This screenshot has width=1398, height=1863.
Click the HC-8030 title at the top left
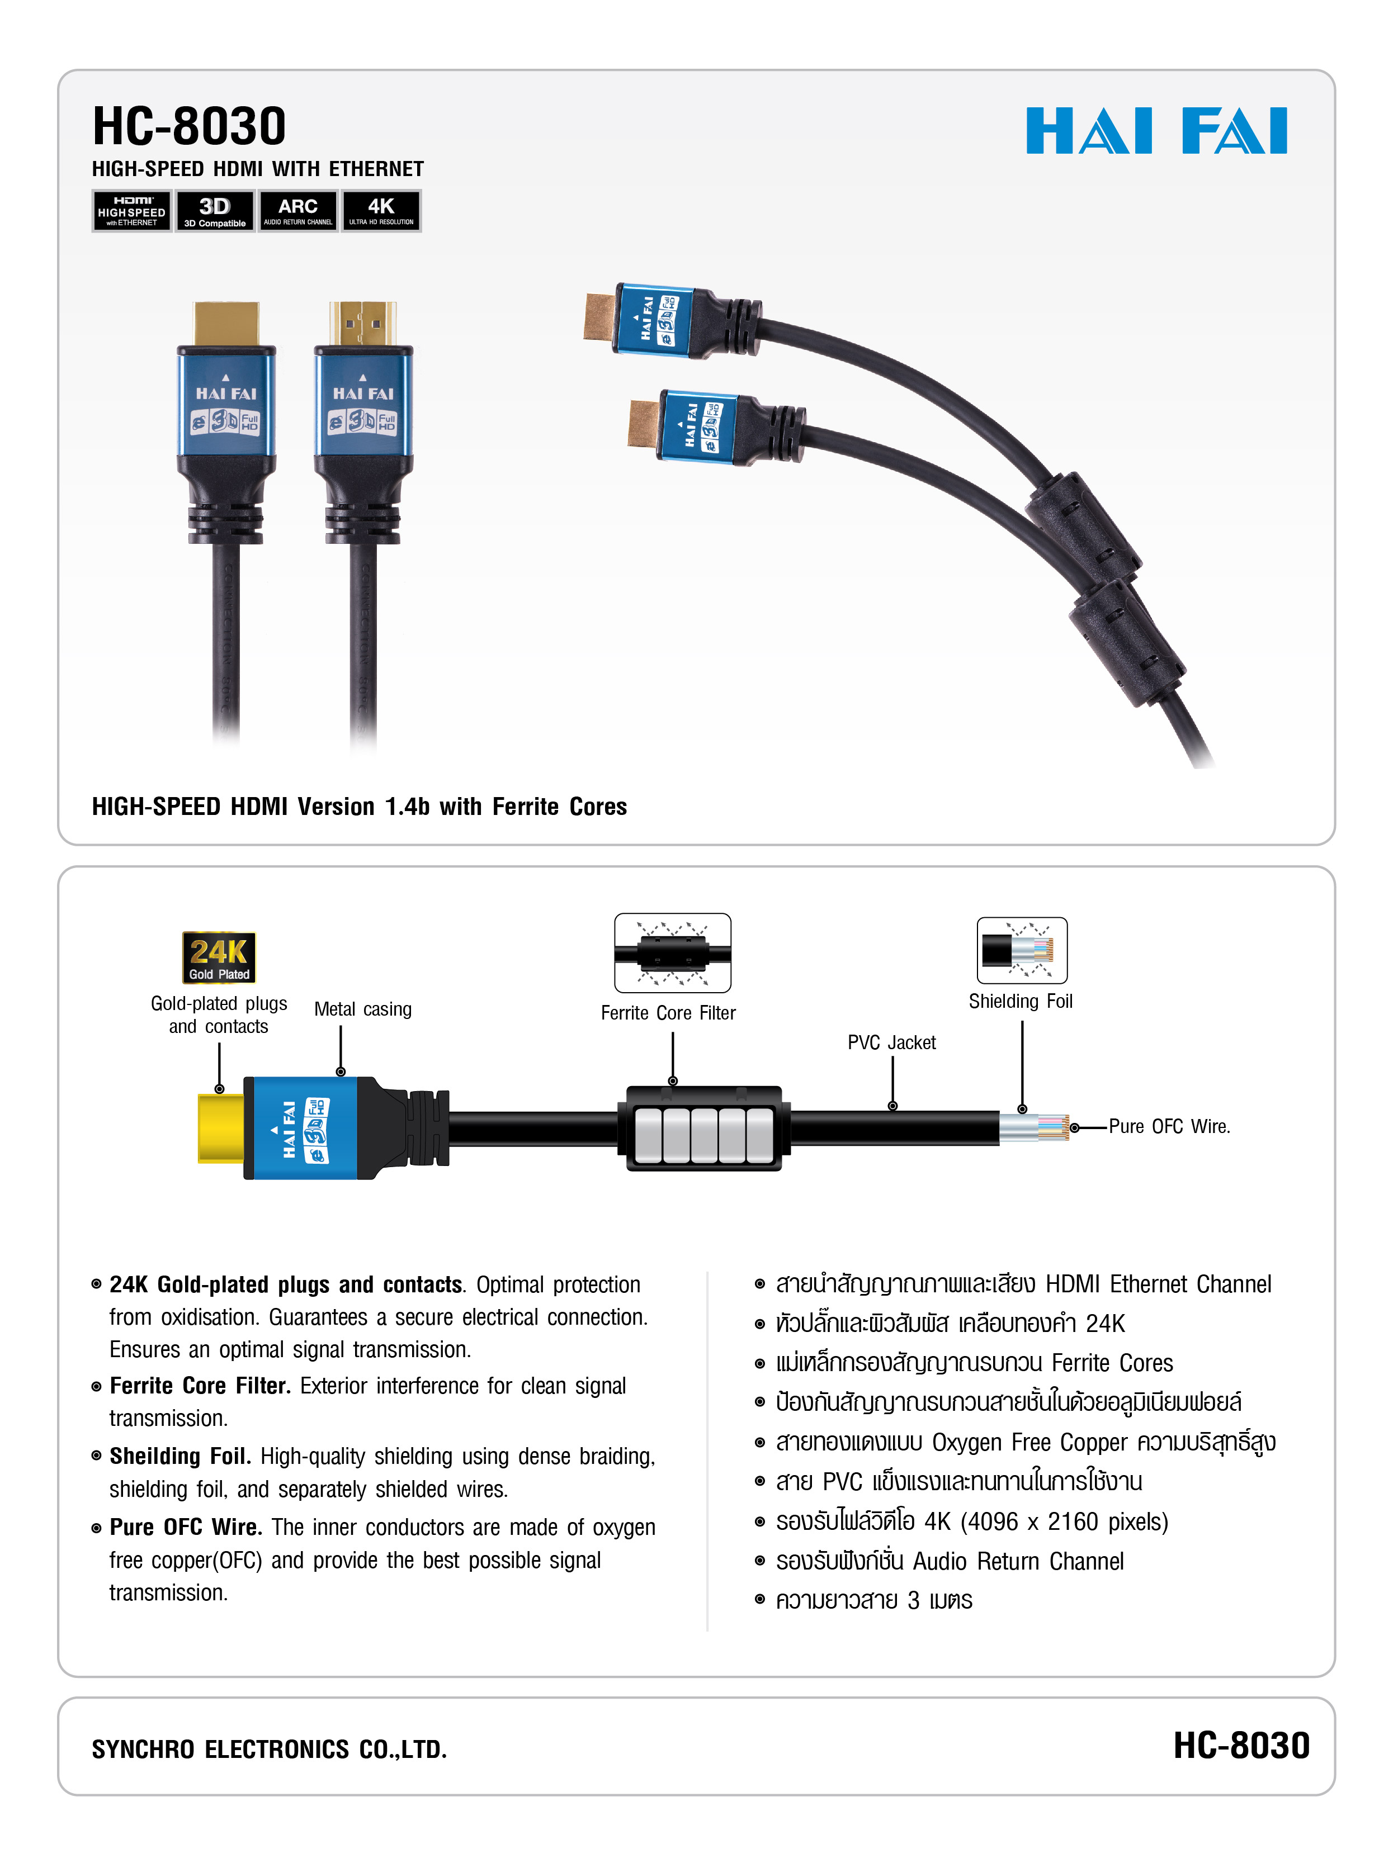click(189, 126)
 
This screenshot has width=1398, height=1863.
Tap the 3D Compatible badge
click(214, 211)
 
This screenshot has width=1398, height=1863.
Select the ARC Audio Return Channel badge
click(297, 211)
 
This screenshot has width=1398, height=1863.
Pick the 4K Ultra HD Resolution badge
click(381, 211)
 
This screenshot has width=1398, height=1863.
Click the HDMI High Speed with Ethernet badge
click(131, 211)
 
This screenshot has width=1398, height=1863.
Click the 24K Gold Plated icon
click(218, 957)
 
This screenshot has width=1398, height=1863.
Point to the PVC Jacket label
click(891, 1042)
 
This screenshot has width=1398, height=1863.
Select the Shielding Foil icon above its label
click(1021, 950)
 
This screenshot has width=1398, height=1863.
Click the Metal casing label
click(362, 1009)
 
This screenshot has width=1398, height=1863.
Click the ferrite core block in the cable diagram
click(703, 1129)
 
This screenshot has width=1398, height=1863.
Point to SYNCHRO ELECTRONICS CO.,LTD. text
click(269, 1750)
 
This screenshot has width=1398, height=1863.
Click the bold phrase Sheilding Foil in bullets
click(180, 1456)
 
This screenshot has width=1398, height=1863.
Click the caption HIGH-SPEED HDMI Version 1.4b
click(359, 807)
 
